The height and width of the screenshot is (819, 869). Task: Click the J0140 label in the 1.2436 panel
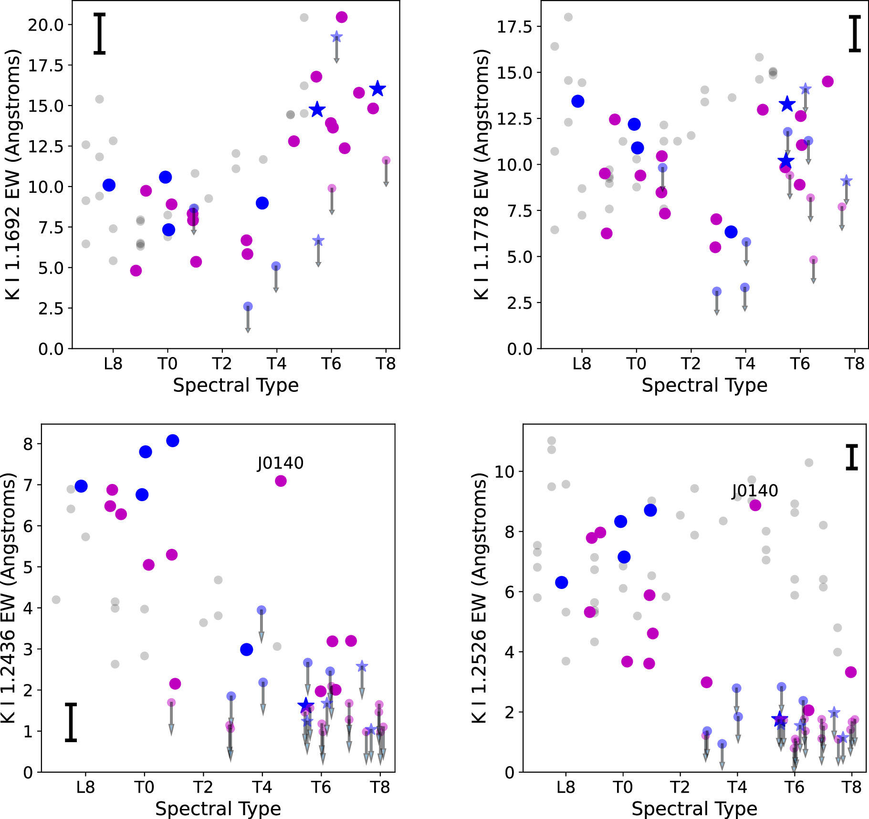(x=280, y=463)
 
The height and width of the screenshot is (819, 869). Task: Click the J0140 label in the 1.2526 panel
(x=755, y=491)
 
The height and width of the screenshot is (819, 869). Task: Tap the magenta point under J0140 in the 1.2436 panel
(x=281, y=481)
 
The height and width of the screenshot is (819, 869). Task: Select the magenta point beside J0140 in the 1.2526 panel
(x=755, y=505)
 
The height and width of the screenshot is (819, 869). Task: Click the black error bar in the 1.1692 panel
(x=99, y=33)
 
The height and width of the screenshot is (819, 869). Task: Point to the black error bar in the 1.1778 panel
(x=855, y=33)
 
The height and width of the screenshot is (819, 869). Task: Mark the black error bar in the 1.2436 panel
(x=71, y=722)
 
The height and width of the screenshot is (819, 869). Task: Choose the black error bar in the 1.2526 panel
(x=852, y=458)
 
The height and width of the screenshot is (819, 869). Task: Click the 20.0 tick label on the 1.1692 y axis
(x=45, y=25)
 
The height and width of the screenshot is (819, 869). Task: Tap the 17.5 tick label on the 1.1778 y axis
(x=514, y=27)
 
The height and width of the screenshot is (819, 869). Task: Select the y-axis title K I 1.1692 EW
(x=13, y=175)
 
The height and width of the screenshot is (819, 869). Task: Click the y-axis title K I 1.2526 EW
(x=479, y=598)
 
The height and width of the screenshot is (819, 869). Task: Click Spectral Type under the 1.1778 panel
(x=704, y=385)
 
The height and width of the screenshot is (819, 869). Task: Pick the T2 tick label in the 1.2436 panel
(x=203, y=787)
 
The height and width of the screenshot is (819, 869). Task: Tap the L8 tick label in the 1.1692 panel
(x=113, y=364)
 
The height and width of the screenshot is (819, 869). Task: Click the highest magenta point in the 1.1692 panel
(x=342, y=17)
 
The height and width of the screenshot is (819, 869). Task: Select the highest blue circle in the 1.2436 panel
(x=173, y=441)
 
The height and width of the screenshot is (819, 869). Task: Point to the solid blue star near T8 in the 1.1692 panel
(x=377, y=88)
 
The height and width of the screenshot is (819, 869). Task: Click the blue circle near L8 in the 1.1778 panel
(x=578, y=101)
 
